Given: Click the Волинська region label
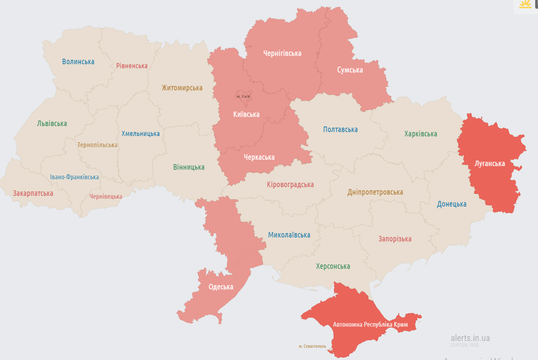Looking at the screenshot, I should click(78, 61).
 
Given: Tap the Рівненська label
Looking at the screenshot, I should click(132, 66).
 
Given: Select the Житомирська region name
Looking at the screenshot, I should click(182, 88).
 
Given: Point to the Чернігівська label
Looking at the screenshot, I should click(282, 53).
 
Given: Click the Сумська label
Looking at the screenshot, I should click(350, 70).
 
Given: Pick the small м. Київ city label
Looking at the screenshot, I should click(243, 97).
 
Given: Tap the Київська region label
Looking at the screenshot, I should click(246, 114).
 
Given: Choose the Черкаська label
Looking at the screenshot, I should click(259, 157).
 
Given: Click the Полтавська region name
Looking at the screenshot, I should click(340, 129).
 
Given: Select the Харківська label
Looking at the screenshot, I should click(420, 134).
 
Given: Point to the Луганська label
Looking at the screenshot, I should click(489, 164).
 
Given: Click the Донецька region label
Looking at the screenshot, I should click(451, 204).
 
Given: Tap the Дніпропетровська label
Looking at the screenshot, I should click(375, 192).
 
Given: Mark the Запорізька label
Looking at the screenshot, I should click(395, 239).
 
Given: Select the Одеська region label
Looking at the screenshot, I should click(221, 287).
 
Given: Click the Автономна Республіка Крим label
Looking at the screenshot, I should click(370, 324).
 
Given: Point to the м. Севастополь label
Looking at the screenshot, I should click(312, 346).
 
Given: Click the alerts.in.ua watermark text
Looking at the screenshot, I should click(470, 338).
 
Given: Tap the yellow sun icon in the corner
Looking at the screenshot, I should click(525, 5).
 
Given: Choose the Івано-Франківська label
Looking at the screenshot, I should click(75, 177).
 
